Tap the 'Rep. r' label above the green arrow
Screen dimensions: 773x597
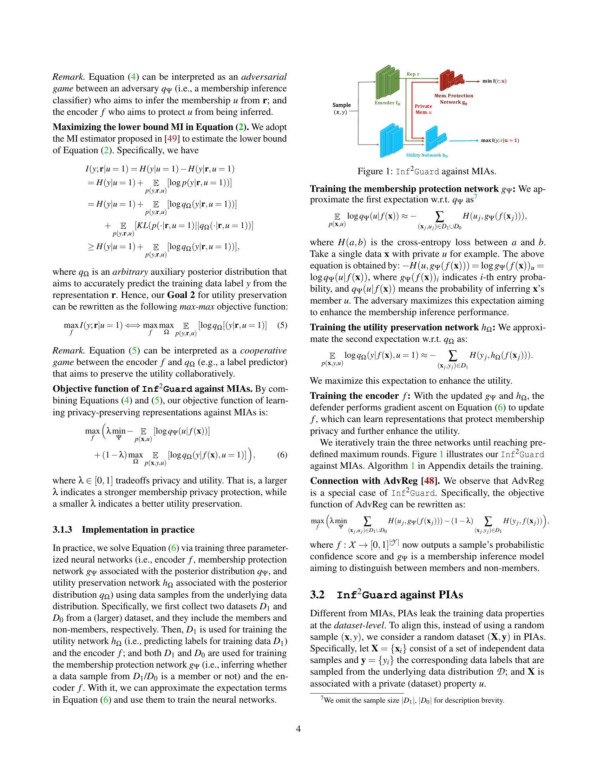(x=413, y=74)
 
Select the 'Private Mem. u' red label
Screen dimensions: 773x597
(x=424, y=109)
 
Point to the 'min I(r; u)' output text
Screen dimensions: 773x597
(x=494, y=81)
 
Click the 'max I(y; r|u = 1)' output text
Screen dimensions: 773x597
(x=500, y=140)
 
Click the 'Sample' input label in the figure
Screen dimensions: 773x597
(x=341, y=105)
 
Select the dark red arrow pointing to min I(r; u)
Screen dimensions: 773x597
(x=472, y=81)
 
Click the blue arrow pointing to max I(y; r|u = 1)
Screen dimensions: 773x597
(x=464, y=141)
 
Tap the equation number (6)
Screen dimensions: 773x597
(x=282, y=454)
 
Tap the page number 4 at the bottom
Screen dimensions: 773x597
(x=298, y=729)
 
